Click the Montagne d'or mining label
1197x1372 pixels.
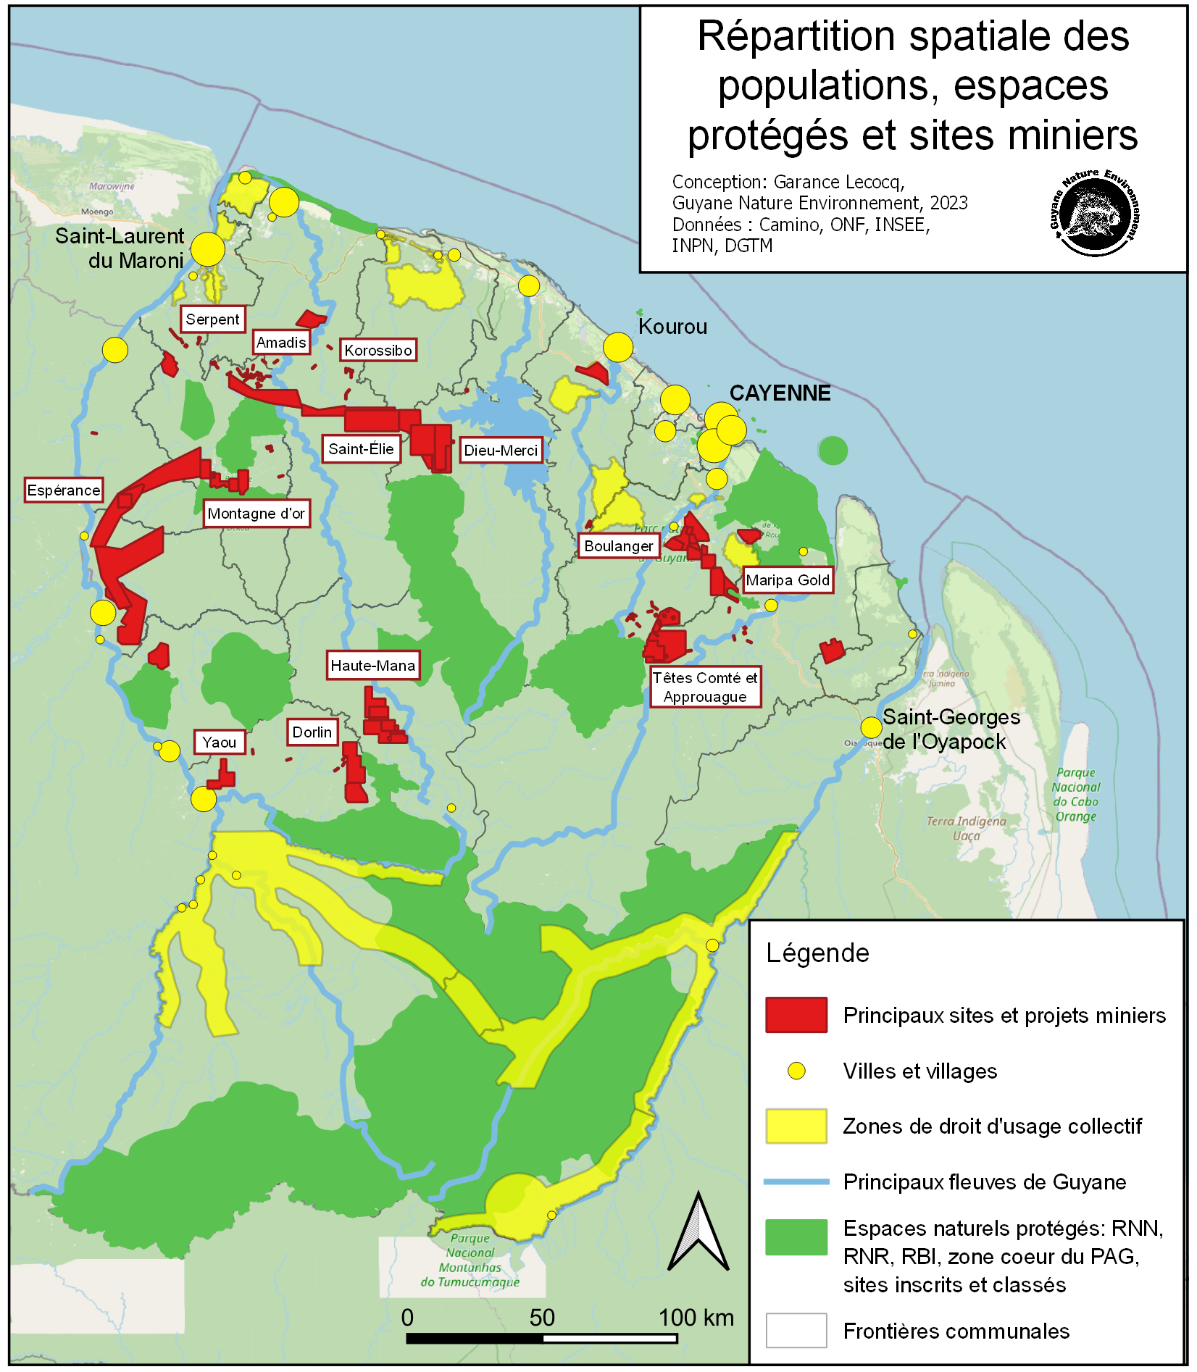[x=256, y=514]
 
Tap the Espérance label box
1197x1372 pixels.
[x=64, y=490]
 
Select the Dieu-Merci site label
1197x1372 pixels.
[x=501, y=451]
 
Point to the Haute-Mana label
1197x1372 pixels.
[x=373, y=666]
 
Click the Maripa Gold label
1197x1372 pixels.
[x=788, y=580]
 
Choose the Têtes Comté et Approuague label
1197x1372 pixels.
[x=705, y=687]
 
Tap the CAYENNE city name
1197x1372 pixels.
[x=780, y=393]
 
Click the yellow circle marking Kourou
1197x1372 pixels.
[x=618, y=348]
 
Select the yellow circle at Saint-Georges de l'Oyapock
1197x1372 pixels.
[x=871, y=727]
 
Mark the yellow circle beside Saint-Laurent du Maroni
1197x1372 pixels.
[x=208, y=249]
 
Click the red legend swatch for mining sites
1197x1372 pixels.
[x=796, y=1015]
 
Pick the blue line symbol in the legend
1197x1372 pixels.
[x=796, y=1181]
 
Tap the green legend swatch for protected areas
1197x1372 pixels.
[x=796, y=1237]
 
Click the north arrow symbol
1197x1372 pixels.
[x=698, y=1233]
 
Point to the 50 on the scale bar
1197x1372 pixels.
[x=542, y=1318]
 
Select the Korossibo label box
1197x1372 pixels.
[x=378, y=351]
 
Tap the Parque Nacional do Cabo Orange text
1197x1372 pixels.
[x=1076, y=795]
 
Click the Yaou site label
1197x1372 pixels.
[x=220, y=743]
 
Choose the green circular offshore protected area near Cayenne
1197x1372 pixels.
[x=833, y=451]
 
